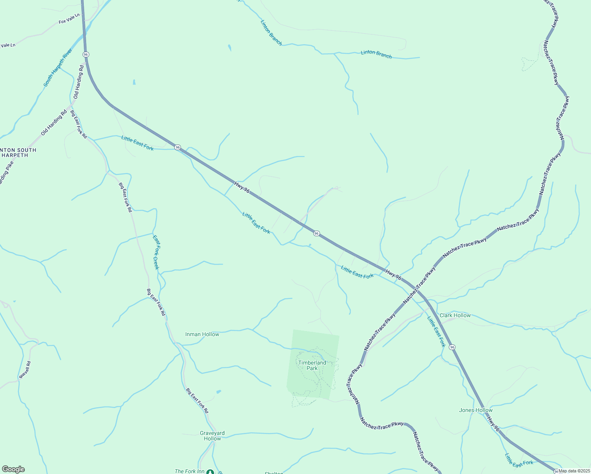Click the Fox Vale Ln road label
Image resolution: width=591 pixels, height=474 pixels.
pos(69,19)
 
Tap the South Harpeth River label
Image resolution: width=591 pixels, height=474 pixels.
pos(58,68)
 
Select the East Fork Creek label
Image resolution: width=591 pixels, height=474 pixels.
pos(156,252)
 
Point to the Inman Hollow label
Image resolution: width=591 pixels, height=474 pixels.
pos(202,334)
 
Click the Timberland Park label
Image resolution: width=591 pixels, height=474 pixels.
pos(312,365)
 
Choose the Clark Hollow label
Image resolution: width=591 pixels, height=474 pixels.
pos(455,315)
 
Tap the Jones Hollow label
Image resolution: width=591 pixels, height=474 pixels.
pos(476,410)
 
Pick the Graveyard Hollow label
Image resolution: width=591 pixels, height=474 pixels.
pos(212,436)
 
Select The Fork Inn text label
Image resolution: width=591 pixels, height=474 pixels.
pos(189,471)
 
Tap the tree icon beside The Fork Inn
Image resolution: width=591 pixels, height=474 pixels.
pos(210,472)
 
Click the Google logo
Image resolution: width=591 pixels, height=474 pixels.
pos(13,469)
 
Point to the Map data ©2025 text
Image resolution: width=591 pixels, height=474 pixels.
pos(574,471)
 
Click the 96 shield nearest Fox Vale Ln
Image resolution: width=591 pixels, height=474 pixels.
pos(86,54)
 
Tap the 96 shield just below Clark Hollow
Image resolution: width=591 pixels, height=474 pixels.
pos(452,347)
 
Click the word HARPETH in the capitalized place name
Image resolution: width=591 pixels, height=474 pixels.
pos(15,155)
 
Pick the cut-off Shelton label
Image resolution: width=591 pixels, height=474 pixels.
pos(274,472)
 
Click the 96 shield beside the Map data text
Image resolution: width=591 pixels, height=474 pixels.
pos(556,471)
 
